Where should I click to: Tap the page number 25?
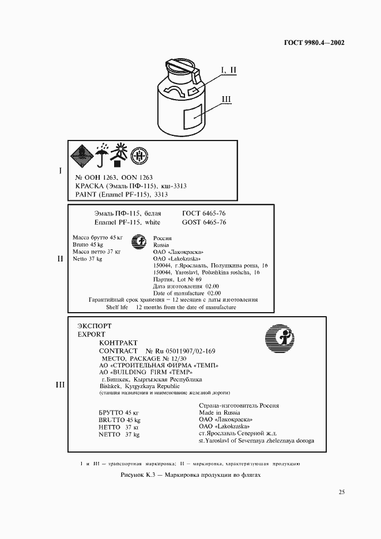341,492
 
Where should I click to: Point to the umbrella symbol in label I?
101,154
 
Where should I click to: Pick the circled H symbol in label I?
139,155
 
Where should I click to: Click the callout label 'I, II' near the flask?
228,70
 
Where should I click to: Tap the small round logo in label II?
138,241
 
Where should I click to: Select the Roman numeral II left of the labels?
59,259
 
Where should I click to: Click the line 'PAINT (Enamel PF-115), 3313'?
121,195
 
